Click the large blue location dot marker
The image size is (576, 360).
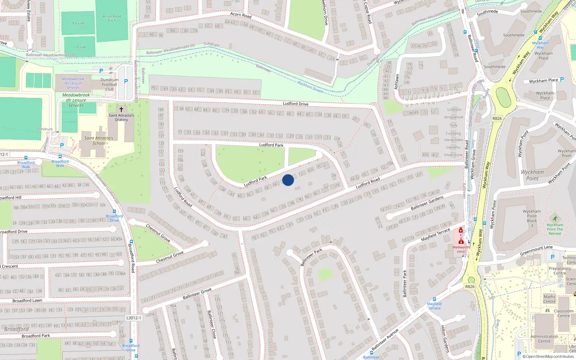[x=288, y=180]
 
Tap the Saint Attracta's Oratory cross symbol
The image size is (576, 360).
[x=121, y=109]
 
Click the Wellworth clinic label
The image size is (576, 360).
[x=461, y=249]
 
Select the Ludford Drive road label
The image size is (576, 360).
[x=295, y=104]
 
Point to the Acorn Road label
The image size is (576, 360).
[x=241, y=15]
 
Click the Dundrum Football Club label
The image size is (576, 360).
[x=109, y=85]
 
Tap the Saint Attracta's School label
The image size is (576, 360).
[x=99, y=140]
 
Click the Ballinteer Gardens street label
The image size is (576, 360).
[x=427, y=204]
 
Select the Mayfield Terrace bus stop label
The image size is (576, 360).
[x=434, y=306]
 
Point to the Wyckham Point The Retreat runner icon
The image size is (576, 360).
[x=555, y=219]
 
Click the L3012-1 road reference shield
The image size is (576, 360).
[x=134, y=318]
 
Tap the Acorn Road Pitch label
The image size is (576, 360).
[x=112, y=18]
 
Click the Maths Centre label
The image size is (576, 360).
[x=549, y=299]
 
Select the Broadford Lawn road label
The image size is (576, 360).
[x=27, y=301]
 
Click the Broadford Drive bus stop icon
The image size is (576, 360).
[x=114, y=211]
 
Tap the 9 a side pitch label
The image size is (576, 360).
[x=78, y=23]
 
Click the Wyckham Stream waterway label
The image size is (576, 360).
[x=310, y=87]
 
